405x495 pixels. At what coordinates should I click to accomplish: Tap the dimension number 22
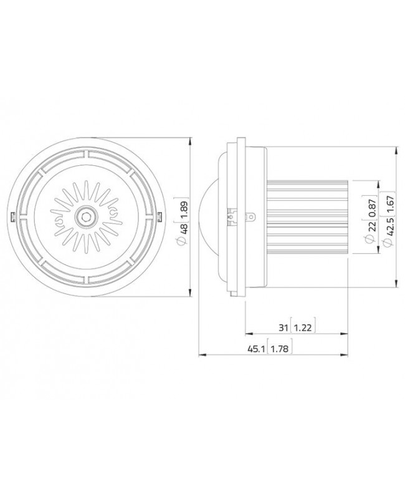(372, 227)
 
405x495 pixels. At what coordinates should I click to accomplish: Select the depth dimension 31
(283, 327)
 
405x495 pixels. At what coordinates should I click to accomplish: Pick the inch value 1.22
(302, 327)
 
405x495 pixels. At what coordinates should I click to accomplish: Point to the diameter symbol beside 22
(372, 241)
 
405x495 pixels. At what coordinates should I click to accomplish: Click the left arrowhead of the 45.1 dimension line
(201, 356)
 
